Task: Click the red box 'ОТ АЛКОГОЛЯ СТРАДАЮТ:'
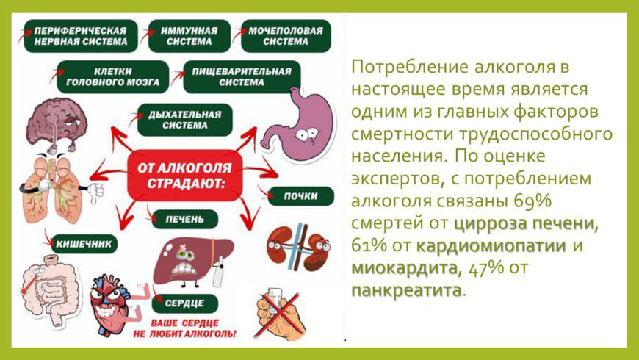(x=185, y=176)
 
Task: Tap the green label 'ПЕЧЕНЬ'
(x=184, y=220)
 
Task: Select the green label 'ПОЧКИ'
(x=300, y=196)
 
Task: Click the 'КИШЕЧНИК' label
(x=84, y=244)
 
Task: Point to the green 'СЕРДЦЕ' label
(x=184, y=303)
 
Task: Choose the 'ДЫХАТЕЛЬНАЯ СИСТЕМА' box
(x=184, y=120)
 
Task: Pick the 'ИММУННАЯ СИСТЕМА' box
(x=189, y=36)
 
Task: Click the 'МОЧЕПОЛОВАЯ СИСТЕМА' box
(x=286, y=36)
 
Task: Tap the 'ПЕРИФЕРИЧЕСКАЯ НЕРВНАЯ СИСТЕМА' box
(x=81, y=36)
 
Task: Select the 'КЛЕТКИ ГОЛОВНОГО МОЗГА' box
(x=113, y=77)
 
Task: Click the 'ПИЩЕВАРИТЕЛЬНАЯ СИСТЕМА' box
(x=242, y=77)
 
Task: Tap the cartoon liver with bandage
(x=192, y=261)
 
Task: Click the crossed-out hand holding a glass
(x=281, y=313)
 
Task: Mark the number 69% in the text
(x=533, y=201)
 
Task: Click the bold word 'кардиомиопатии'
(x=491, y=246)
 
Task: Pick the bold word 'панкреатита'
(x=406, y=291)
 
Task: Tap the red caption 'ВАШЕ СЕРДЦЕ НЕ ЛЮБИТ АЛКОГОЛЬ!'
(x=184, y=328)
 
